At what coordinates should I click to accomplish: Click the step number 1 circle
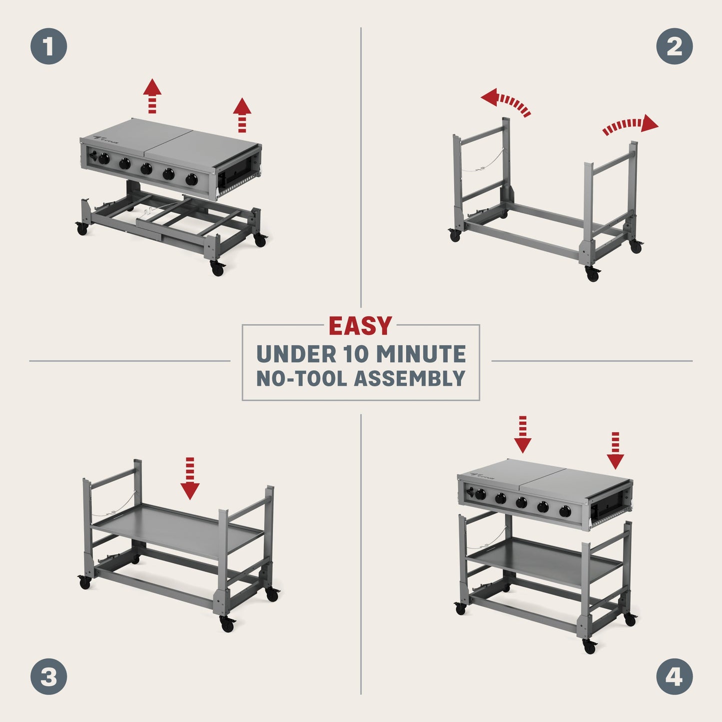click(48, 46)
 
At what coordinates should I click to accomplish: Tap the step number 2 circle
click(674, 46)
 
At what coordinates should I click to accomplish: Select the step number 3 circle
click(48, 677)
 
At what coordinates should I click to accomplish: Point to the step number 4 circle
click(674, 677)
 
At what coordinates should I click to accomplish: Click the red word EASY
click(360, 327)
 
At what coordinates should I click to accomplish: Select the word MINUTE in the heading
click(421, 354)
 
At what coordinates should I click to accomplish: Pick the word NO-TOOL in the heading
click(302, 378)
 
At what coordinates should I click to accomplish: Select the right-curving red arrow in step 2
click(631, 125)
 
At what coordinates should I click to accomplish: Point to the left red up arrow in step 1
click(152, 95)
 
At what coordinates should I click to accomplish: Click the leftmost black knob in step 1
click(104, 159)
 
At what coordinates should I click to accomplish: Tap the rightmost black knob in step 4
click(565, 511)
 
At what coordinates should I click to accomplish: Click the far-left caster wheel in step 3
click(83, 582)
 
